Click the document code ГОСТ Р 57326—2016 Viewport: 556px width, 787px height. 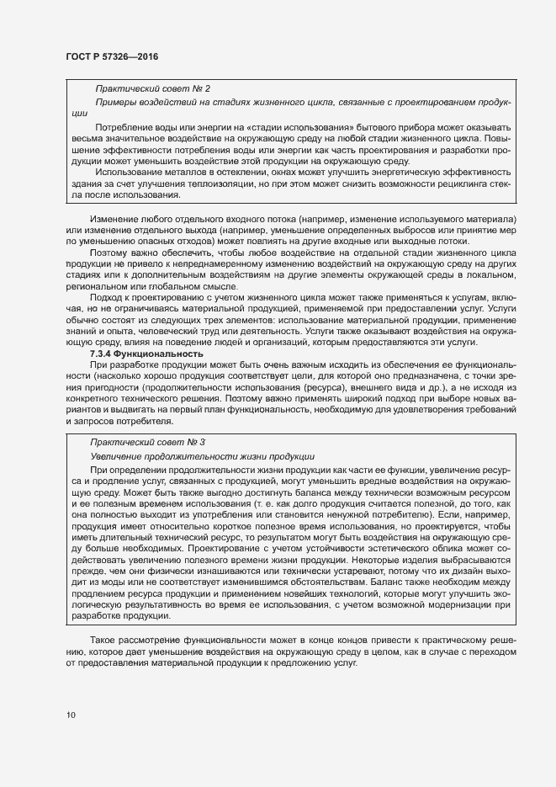tap(112, 56)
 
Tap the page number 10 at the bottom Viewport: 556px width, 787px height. tap(71, 715)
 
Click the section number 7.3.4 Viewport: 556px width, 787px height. tap(105, 354)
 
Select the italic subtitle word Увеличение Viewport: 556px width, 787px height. tap(120, 455)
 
